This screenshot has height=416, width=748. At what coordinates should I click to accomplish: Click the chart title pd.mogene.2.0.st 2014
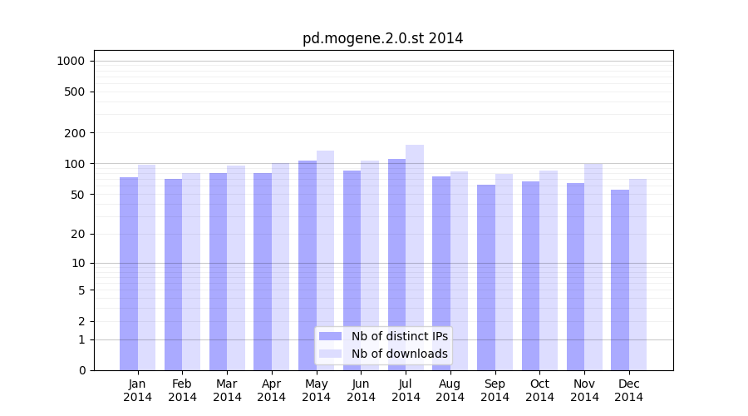pyautogui.click(x=382, y=38)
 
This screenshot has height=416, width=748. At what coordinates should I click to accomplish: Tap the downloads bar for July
pyautogui.click(x=415, y=257)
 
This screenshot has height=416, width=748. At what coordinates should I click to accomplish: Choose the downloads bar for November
pyautogui.click(x=593, y=266)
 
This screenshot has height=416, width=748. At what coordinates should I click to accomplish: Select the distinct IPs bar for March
pyautogui.click(x=218, y=271)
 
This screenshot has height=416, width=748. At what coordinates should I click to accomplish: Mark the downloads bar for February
pyautogui.click(x=191, y=271)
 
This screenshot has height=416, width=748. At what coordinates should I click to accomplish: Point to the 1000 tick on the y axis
pyautogui.click(x=71, y=61)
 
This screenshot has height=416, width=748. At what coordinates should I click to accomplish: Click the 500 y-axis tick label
pyautogui.click(x=76, y=92)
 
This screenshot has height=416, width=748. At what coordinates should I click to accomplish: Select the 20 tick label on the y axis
pyautogui.click(x=78, y=234)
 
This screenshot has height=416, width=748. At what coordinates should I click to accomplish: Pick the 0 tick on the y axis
pyautogui.click(x=81, y=370)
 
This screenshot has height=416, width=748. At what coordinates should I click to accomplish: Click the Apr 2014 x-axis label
pyautogui.click(x=272, y=390)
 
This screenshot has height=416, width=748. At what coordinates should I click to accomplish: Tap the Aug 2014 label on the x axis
pyautogui.click(x=450, y=390)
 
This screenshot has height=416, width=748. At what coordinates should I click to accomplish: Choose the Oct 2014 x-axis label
pyautogui.click(x=539, y=390)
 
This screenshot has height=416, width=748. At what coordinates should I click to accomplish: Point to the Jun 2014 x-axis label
pyautogui.click(x=361, y=390)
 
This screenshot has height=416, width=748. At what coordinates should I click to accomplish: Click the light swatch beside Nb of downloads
pyautogui.click(x=330, y=354)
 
